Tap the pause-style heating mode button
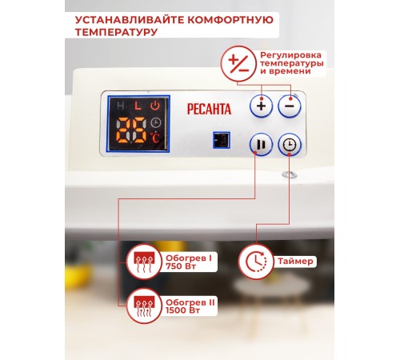261,145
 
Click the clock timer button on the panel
290,145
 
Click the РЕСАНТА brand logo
209,109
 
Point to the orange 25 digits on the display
131,130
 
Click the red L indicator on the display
138,106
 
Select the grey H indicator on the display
121,106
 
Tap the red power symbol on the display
155,106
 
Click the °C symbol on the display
154,138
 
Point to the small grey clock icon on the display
156,123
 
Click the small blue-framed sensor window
222,140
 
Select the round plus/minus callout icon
239,64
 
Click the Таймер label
295,261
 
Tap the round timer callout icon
256,262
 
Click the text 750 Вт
181,266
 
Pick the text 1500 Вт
182,310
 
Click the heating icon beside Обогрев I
144,262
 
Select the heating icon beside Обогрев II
144,306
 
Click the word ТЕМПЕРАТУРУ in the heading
116,32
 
